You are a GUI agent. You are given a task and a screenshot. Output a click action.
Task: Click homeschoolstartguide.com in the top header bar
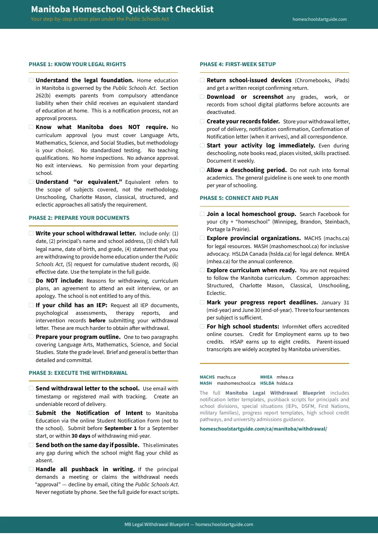point(319,19)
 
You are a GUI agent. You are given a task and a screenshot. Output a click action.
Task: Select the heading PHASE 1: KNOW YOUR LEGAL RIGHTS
point(77,64)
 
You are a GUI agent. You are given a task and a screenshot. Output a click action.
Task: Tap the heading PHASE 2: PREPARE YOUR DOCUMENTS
point(79,218)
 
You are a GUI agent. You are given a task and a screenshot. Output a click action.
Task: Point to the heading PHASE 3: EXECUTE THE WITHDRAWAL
point(78,373)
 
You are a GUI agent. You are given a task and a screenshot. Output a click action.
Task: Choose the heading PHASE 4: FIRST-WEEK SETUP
point(238,64)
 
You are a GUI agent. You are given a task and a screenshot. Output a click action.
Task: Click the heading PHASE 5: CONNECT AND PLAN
point(239,198)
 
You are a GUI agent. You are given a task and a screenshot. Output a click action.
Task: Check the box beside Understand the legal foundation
point(31,80)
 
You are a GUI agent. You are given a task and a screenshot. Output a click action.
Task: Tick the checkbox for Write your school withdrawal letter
point(31,233)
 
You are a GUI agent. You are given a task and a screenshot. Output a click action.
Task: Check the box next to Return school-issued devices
point(202,80)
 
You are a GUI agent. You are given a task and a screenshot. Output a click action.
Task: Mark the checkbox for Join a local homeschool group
point(202,214)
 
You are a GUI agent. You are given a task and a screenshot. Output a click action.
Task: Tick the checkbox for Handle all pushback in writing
point(31,469)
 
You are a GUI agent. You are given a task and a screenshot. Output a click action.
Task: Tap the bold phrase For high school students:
point(243,327)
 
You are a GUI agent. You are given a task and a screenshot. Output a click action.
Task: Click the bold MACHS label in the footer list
point(207,377)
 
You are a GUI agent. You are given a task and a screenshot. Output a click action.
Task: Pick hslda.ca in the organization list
point(284,383)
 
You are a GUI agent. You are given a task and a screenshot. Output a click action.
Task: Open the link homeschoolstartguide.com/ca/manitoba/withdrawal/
point(263,429)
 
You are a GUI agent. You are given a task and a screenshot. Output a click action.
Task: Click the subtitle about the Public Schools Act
point(100,19)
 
